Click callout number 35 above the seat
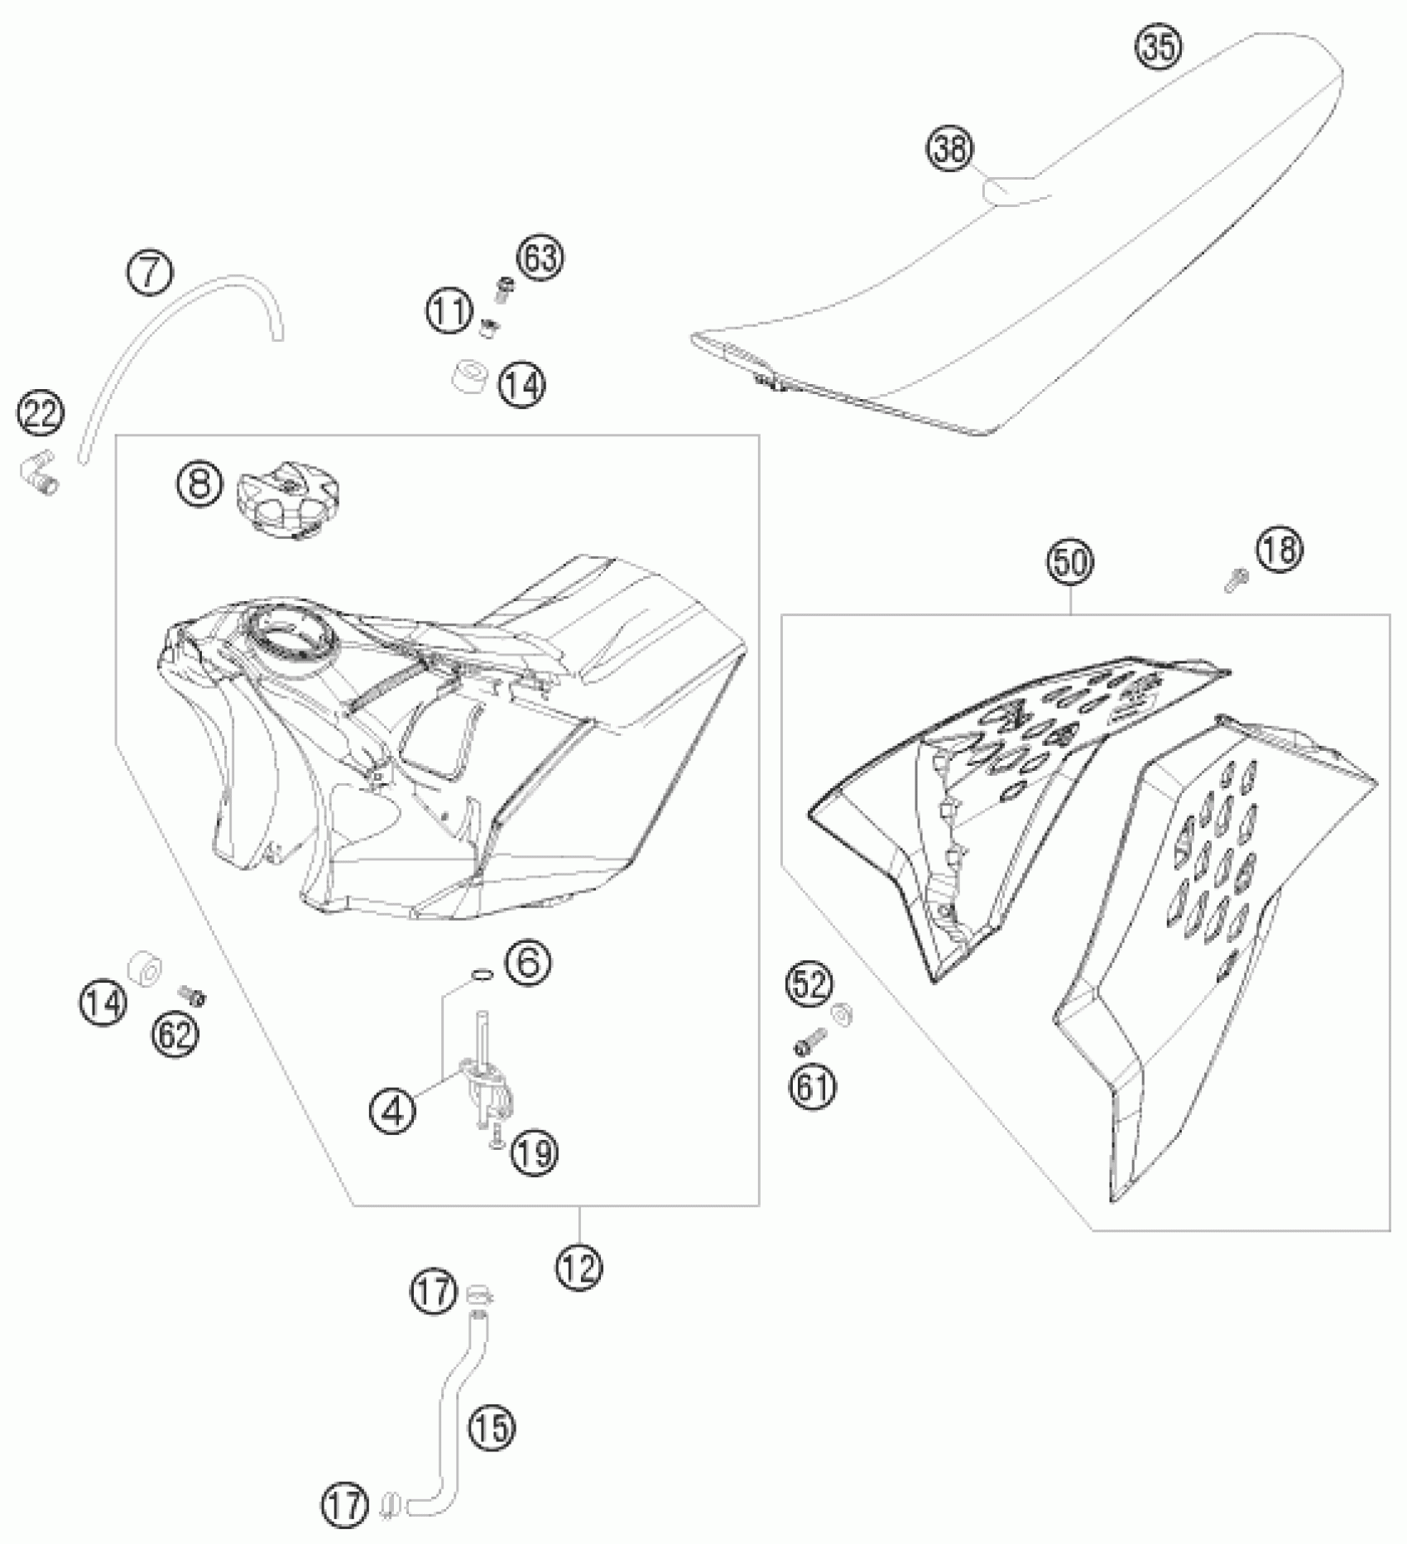click(1158, 47)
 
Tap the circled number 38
click(950, 150)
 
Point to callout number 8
click(199, 484)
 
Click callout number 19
click(535, 1152)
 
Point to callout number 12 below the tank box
click(579, 1265)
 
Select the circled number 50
click(1070, 563)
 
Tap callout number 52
click(809, 984)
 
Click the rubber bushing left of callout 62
click(144, 968)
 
